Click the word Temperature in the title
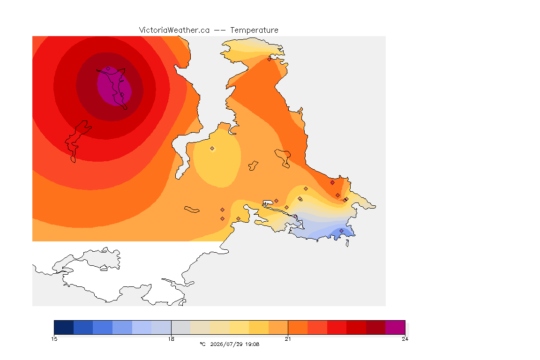click(254, 30)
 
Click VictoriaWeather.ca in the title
click(174, 30)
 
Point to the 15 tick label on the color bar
click(54, 339)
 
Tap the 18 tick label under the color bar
click(171, 339)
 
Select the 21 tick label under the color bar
click(288, 339)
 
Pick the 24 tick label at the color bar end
click(405, 339)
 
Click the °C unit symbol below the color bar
click(203, 344)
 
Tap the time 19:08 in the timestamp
click(252, 344)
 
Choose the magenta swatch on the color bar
click(395, 327)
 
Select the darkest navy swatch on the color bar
click(64, 327)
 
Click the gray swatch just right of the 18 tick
click(181, 327)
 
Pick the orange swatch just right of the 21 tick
click(298, 327)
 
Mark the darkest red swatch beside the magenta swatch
click(376, 327)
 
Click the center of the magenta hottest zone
click(114, 86)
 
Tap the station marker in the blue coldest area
click(341, 231)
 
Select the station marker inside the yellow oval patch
click(212, 149)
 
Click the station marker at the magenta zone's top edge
click(108, 69)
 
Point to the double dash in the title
click(220, 30)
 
